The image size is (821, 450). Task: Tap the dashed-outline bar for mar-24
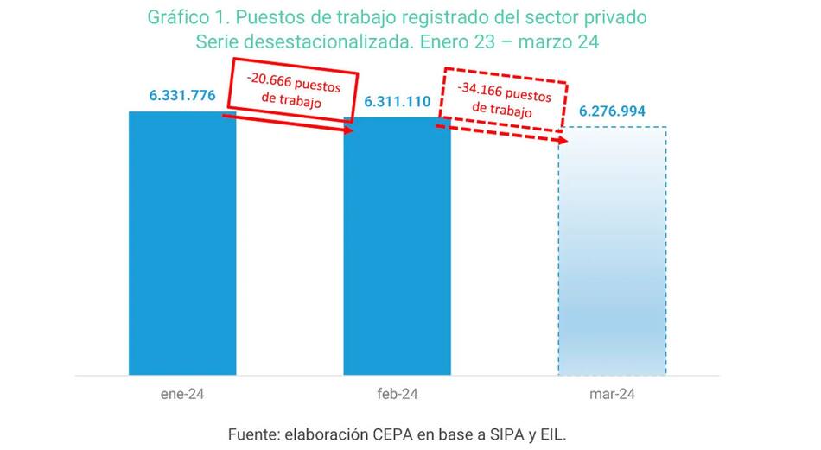[612, 250]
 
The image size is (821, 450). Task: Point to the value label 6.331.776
[182, 96]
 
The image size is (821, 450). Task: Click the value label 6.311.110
[397, 102]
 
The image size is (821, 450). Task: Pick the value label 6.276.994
[612, 112]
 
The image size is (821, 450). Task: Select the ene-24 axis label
[182, 394]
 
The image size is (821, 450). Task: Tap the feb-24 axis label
[397, 394]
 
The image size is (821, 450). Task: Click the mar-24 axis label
[612, 394]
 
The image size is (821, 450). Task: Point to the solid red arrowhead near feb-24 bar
[348, 131]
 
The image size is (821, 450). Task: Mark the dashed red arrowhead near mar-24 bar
[563, 140]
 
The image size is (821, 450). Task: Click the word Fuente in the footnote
[253, 433]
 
